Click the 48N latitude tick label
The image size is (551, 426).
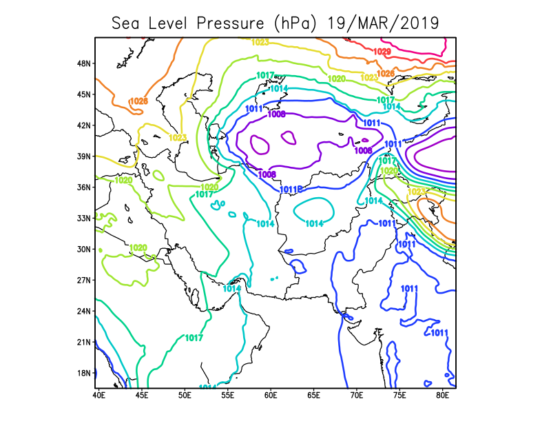coord(83,63)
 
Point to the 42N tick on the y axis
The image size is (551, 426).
coord(83,125)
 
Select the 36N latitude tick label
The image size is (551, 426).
coord(83,187)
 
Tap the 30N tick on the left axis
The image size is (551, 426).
coord(83,249)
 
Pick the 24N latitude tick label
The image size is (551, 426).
coord(83,311)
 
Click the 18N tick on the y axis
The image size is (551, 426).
coord(83,373)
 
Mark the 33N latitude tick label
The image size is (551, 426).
coord(83,218)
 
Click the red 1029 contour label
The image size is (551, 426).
coord(382,52)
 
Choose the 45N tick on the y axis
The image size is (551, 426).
coord(83,94)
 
